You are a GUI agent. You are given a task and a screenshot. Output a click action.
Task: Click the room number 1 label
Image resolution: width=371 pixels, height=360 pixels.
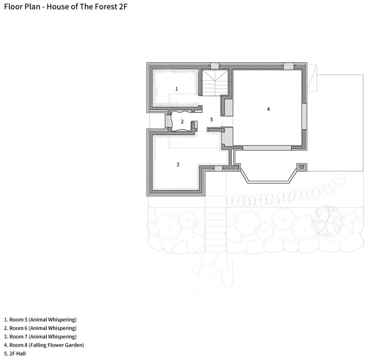177,89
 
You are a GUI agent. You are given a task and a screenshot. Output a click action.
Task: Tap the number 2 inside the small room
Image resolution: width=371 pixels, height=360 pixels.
182,122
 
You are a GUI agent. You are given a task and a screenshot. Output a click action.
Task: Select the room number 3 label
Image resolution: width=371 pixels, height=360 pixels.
178,165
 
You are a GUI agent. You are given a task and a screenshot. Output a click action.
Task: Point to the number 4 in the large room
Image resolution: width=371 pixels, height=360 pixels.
268,109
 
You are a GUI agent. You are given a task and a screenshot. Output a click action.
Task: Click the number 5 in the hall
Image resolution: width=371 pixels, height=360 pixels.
211,119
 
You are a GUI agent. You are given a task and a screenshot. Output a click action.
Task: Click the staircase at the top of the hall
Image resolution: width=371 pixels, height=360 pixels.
215,83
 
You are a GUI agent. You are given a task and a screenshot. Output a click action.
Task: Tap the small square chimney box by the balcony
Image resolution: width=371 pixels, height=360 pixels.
302,167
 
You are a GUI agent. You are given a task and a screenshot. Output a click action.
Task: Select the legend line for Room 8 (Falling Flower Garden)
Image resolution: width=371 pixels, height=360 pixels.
44,345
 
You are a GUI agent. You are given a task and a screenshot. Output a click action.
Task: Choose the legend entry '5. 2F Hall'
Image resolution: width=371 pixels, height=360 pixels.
15,353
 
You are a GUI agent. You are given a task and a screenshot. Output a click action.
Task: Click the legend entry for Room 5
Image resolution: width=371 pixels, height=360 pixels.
40,319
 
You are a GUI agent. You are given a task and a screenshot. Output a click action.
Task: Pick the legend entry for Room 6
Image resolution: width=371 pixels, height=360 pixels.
40,328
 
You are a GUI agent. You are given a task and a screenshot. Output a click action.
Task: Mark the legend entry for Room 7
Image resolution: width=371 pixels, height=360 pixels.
40,336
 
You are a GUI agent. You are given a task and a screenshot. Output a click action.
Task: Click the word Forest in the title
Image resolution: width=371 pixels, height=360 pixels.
106,7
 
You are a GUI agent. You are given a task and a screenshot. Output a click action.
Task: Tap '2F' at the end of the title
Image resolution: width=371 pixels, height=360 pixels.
123,7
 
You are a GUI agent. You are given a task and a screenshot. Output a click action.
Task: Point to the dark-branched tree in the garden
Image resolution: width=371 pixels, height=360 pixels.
327,217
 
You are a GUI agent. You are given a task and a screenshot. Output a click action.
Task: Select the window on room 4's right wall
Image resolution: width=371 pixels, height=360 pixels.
305,116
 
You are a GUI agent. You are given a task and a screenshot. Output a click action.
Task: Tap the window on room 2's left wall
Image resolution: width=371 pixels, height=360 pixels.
168,121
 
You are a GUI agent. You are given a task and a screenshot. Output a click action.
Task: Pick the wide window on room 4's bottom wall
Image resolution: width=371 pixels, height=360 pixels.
267,148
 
